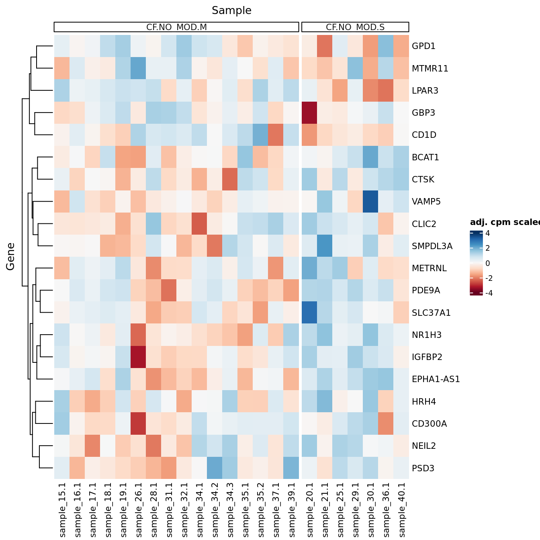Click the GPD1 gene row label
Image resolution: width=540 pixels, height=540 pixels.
[423, 46]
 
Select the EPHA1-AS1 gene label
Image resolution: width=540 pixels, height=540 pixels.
[436, 379]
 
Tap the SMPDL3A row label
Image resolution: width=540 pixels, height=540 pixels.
[432, 246]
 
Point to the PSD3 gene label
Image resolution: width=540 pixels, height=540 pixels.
[423, 468]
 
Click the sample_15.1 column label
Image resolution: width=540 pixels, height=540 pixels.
[62, 510]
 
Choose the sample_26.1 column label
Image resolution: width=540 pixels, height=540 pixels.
[139, 510]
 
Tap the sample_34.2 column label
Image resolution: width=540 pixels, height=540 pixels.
[215, 510]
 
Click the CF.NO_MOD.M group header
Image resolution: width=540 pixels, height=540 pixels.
[176, 27]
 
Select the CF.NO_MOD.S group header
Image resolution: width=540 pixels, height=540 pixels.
[355, 27]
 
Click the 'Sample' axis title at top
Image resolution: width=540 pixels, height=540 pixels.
[231, 10]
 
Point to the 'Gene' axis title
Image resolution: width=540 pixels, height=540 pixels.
[10, 256]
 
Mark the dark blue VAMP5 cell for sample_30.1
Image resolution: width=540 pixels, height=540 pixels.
[370, 201]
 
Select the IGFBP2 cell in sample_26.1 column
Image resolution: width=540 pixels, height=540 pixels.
[139, 357]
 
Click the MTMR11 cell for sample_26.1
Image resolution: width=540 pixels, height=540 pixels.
[139, 68]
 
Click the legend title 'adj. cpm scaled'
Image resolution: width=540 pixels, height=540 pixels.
[505, 223]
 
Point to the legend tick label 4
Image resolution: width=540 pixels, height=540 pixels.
[487, 233]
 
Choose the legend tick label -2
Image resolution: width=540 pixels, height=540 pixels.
[489, 278]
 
